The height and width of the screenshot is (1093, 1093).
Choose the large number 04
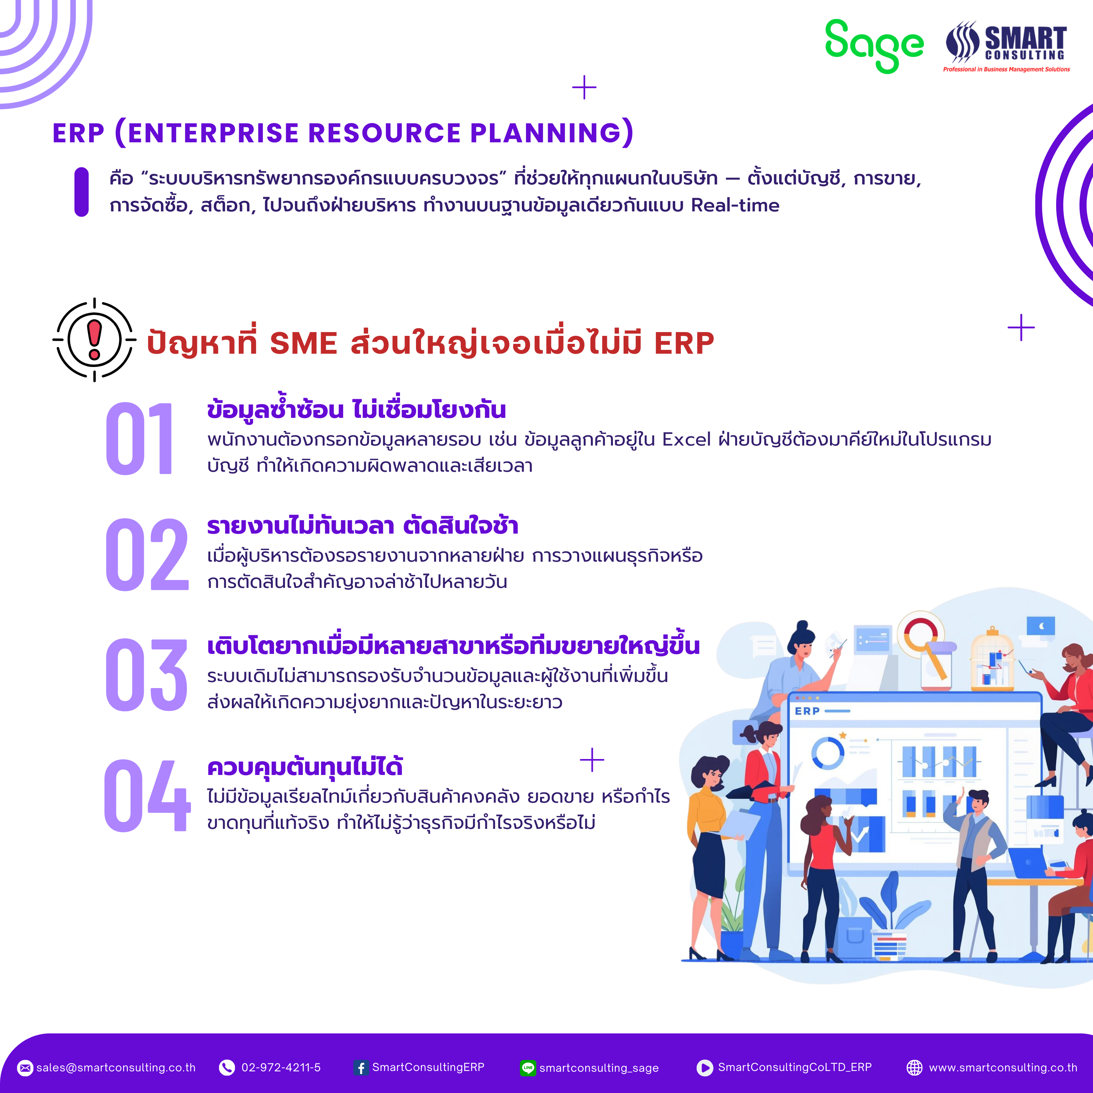coord(147,795)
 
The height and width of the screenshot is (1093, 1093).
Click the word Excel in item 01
coord(686,439)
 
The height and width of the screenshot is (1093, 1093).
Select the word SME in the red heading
coord(303,343)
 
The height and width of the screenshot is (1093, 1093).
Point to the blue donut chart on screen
coord(828,753)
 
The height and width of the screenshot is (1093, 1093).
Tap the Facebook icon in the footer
coord(361,1068)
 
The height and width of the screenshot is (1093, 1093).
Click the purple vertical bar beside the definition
coord(82,192)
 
